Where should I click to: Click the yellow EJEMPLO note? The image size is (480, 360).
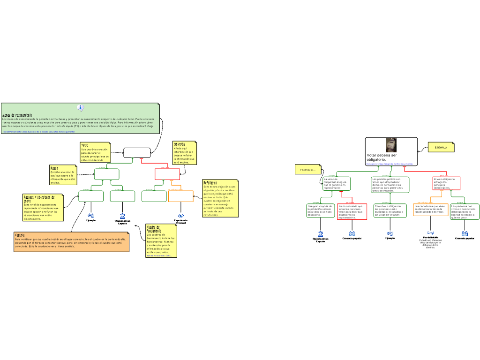441,147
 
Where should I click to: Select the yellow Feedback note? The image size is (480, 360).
307,169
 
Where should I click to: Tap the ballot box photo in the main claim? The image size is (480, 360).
391,145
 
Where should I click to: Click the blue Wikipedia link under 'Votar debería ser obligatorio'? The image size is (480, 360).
389,164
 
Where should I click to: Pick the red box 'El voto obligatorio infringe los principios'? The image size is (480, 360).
446,183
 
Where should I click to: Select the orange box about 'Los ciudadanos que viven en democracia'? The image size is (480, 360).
431,210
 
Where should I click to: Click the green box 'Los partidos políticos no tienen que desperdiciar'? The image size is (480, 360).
390,184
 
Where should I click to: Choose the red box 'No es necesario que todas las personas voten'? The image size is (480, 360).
352,211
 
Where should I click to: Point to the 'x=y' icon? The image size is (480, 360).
430,232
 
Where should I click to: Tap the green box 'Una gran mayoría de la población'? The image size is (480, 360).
321,210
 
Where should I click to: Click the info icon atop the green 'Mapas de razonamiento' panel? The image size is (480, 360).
81,108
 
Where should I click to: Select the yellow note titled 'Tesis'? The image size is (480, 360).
95,153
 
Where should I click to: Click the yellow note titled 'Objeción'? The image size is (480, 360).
184,153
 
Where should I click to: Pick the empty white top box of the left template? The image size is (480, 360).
137,153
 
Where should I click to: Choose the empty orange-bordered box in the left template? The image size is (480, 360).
180,196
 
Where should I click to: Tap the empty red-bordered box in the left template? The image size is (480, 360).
167,174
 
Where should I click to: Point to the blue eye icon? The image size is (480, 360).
181,216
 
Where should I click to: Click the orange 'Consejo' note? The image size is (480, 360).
71,241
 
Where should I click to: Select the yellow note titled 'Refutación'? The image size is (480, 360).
220,198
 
